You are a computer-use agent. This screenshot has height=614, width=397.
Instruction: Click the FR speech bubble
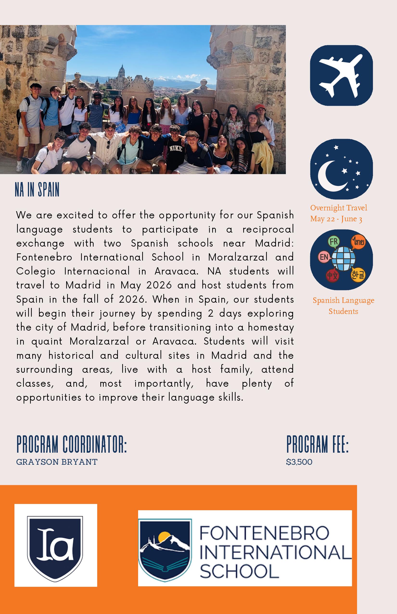tap(333, 242)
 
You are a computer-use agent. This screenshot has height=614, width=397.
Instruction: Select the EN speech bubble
tap(324, 257)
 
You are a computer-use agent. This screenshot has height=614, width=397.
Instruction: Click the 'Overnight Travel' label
tap(339, 208)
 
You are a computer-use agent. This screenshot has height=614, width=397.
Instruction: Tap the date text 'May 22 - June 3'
tap(336, 219)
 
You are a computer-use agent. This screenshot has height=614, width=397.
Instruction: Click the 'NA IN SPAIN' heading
tap(37, 190)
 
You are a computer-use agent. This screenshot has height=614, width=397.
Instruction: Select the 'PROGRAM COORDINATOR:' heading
tap(72, 444)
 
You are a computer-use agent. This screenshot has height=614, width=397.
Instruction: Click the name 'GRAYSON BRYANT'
tap(57, 462)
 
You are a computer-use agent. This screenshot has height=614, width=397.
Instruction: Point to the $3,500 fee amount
tap(299, 462)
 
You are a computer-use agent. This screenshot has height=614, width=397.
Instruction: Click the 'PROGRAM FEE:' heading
tap(317, 444)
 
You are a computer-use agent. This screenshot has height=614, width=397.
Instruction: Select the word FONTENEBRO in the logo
tap(264, 533)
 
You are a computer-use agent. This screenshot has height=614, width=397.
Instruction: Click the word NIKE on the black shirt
tap(176, 148)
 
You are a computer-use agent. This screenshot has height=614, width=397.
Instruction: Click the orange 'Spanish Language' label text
tap(343, 300)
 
